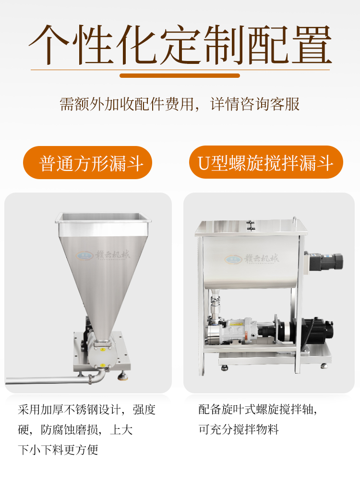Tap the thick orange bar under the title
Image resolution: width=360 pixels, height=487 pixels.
tap(180, 75)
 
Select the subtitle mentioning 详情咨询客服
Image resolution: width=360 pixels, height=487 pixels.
tap(180, 104)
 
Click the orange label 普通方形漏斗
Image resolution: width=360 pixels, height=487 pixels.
tap(87, 162)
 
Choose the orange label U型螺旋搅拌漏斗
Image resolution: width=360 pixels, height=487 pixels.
tap(266, 162)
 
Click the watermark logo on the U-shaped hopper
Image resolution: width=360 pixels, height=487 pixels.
tap(252, 258)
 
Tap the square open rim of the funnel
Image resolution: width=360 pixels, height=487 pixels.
tap(103, 218)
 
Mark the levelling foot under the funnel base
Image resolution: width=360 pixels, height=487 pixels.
tap(121, 377)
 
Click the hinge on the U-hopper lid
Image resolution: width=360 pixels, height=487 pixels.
tap(251, 225)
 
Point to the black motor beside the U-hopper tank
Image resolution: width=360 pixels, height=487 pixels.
tap(324, 262)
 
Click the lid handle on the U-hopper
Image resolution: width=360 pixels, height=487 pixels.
tap(295, 222)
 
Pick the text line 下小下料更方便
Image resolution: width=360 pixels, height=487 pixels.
tap(58, 450)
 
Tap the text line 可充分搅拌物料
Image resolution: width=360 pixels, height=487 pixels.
tap(239, 429)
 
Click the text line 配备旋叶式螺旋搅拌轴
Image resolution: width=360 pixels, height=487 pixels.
tap(258, 409)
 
